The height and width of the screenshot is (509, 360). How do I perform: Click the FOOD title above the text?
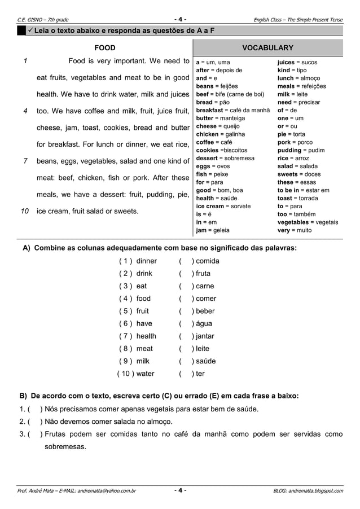point(105,48)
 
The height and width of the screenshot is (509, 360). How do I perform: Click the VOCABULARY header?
point(267,48)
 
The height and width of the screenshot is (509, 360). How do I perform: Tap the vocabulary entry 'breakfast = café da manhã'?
point(232,110)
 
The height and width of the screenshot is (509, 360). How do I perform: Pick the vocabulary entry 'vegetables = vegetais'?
point(308,222)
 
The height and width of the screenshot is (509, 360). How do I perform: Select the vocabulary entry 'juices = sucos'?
point(298,62)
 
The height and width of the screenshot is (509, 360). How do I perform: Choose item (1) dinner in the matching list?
point(138,261)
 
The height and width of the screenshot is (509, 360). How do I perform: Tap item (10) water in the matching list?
point(136,374)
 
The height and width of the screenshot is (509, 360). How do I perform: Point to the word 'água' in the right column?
point(202,324)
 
